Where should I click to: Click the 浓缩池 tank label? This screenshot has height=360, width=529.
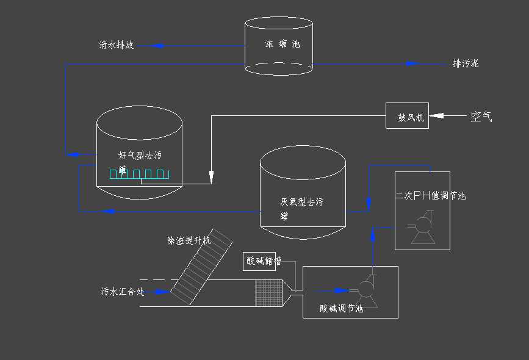(282, 44)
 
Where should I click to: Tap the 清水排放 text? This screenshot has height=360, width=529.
(117, 45)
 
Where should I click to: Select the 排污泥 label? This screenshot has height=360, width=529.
(466, 63)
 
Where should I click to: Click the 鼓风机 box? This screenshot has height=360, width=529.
(407, 116)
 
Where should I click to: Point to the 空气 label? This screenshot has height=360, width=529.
(481, 116)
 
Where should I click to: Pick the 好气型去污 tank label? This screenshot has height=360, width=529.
(140, 156)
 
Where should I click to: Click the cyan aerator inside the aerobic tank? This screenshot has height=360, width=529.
(139, 175)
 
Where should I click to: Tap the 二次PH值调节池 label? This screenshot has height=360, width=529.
(431, 195)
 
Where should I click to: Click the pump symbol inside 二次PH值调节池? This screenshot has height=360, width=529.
(423, 229)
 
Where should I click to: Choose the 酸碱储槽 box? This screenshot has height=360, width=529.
(263, 261)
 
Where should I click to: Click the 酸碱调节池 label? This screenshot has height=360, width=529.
(341, 309)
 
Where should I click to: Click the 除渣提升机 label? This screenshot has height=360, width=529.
(189, 240)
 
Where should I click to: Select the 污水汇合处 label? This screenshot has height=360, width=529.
(122, 291)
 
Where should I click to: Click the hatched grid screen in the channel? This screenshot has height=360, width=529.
(268, 292)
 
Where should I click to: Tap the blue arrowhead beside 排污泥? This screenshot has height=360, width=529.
(412, 63)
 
